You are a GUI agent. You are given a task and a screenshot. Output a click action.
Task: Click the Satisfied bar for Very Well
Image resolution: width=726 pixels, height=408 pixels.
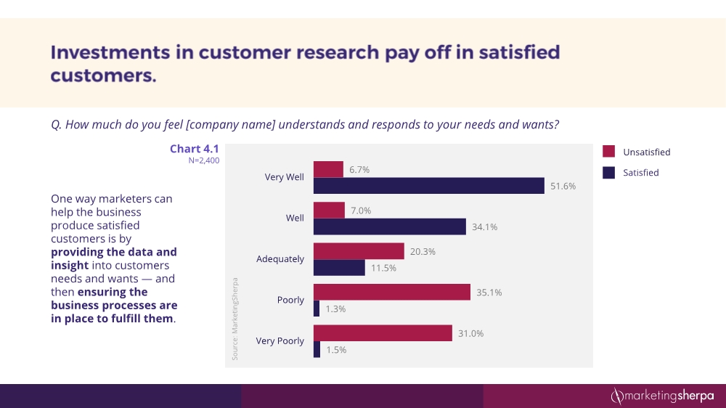click(x=428, y=186)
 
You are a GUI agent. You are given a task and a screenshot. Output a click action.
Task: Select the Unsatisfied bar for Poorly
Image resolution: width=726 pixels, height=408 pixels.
click(x=392, y=292)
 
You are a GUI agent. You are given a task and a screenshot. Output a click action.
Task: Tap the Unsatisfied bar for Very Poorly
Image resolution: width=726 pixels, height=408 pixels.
click(x=383, y=332)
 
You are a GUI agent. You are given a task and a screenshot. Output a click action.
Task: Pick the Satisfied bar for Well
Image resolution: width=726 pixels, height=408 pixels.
click(x=389, y=227)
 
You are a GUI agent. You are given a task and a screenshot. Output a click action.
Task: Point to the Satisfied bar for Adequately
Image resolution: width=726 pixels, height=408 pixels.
click(x=339, y=268)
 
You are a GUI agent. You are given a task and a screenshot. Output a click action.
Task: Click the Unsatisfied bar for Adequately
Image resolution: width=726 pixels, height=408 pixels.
click(x=359, y=251)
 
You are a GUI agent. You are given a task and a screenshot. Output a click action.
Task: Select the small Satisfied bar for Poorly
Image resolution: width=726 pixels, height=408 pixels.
click(x=317, y=309)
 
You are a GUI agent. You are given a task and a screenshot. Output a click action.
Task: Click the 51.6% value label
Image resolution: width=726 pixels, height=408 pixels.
click(x=563, y=186)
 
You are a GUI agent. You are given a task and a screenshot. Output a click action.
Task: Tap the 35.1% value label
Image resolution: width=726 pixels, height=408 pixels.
click(x=489, y=293)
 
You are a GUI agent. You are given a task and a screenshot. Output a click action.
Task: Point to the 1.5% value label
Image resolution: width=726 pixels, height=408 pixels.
click(x=336, y=349)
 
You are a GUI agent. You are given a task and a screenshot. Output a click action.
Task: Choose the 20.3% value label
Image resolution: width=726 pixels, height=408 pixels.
click(x=423, y=251)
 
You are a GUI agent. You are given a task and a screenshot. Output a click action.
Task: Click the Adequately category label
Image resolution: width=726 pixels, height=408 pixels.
click(x=280, y=259)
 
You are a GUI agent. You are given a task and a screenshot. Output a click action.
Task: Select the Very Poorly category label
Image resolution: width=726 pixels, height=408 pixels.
click(x=280, y=341)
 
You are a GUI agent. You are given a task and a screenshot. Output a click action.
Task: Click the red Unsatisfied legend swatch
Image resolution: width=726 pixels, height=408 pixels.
click(x=609, y=152)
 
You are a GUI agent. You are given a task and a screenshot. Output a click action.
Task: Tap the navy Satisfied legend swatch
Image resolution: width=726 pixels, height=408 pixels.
click(x=609, y=173)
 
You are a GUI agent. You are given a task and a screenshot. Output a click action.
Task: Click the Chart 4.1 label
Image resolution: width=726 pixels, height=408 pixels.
click(x=194, y=149)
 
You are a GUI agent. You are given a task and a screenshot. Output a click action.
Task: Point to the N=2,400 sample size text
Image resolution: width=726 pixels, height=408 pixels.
click(x=203, y=161)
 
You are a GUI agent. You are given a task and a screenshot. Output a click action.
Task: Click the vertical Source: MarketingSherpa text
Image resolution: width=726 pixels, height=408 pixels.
click(x=235, y=318)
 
